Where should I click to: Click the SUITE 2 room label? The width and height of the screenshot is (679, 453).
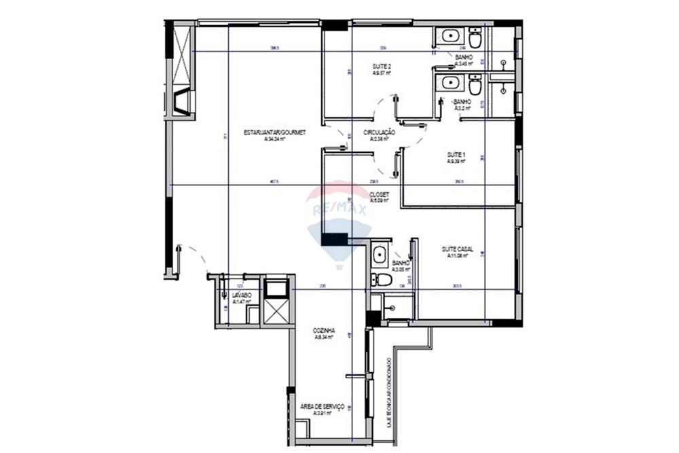382,66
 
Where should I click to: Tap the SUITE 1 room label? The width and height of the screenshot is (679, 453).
456,154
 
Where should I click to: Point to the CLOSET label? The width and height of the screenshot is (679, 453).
379,194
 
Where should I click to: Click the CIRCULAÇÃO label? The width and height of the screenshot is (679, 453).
379,132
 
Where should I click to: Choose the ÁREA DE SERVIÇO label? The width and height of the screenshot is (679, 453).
322,405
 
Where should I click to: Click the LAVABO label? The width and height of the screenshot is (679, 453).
242,295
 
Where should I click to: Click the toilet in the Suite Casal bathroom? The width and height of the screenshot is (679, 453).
384,279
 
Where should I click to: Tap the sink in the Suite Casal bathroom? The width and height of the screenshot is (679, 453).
380,255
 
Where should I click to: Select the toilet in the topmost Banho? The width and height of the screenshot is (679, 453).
475,39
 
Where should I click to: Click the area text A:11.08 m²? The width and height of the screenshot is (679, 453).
457,256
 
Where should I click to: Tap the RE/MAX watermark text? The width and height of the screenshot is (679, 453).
339,210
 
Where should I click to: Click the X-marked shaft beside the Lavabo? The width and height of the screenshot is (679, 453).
276,312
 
